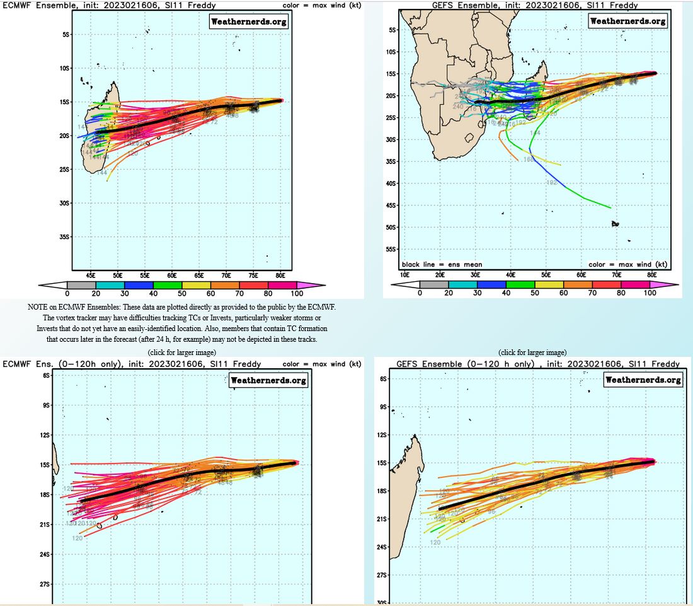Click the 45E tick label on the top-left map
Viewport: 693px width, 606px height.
point(91,276)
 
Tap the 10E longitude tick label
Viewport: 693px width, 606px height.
point(405,275)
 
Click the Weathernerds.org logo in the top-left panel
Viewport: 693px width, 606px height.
point(248,21)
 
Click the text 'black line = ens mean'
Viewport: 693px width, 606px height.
point(442,264)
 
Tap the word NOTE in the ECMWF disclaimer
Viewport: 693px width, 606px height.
point(38,306)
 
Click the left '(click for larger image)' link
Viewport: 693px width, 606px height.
point(181,352)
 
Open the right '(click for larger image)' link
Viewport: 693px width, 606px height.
point(532,352)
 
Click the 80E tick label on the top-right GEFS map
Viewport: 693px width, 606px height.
point(652,275)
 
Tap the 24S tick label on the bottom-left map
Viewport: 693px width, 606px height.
point(46,554)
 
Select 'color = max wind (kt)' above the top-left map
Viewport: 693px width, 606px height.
point(322,5)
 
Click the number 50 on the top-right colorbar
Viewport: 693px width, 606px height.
point(535,293)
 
